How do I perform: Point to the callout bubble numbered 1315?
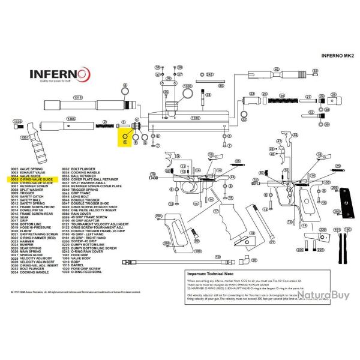pyautogui.click(x=77, y=97)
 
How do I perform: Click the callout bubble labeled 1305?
pyautogui.click(x=70, y=119)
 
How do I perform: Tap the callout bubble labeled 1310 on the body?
pyautogui.click(x=194, y=118)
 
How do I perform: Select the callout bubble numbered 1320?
pyautogui.click(x=17, y=122)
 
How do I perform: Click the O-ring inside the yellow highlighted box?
pyautogui.click(x=125, y=142)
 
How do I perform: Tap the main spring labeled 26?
pyautogui.click(x=279, y=98)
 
